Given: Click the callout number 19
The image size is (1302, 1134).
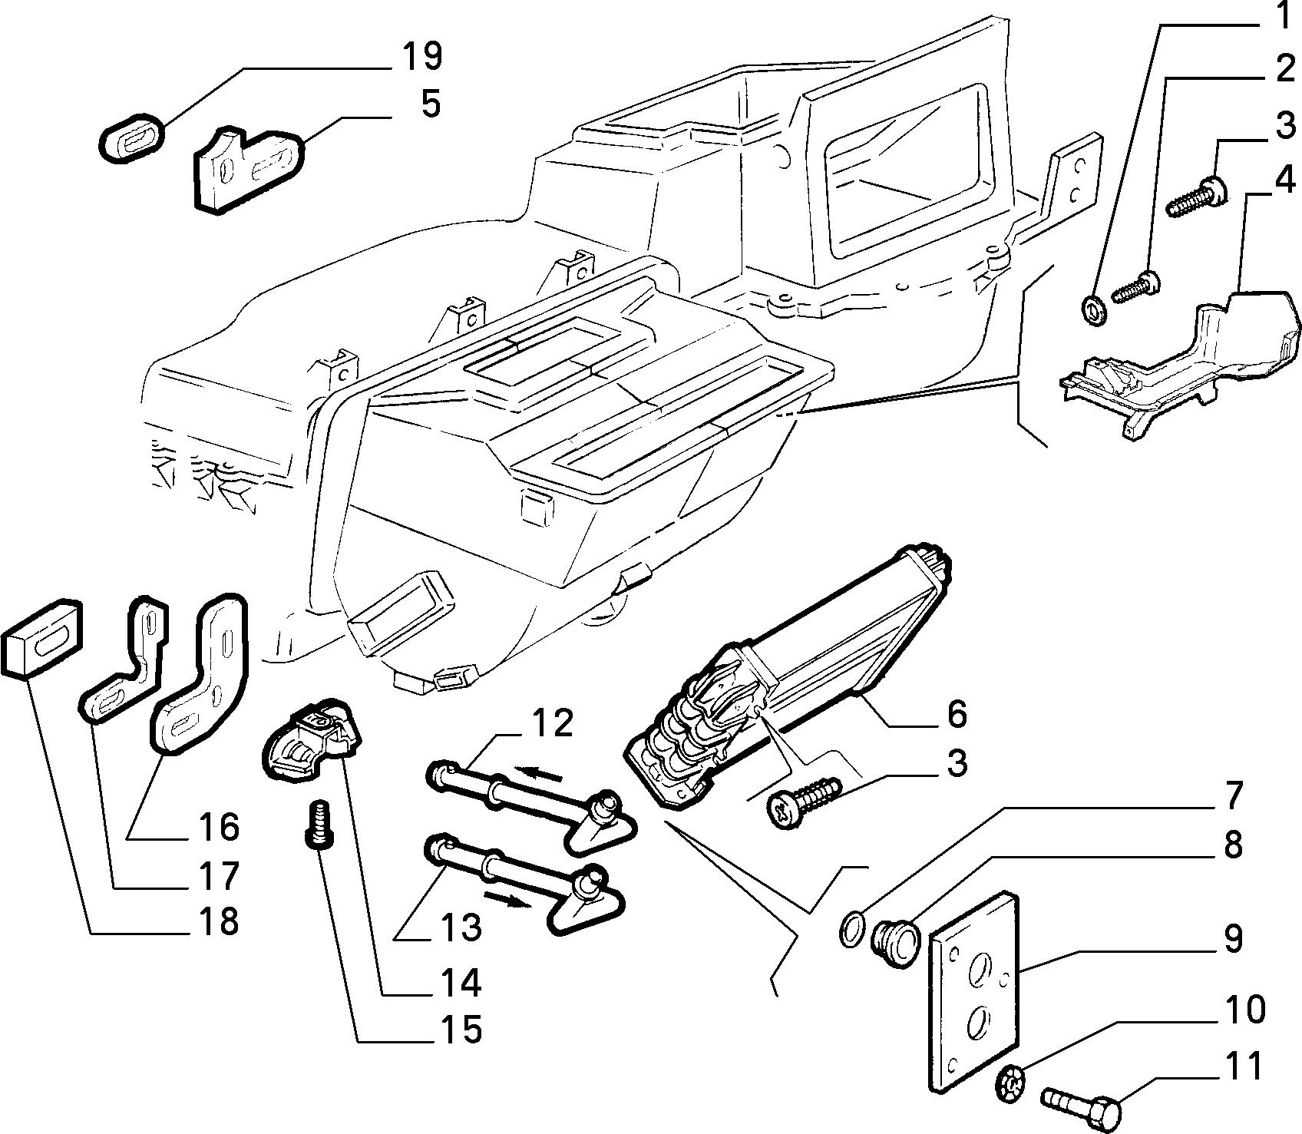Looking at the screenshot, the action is click(x=420, y=57).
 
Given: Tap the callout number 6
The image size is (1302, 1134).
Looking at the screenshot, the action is click(x=955, y=713).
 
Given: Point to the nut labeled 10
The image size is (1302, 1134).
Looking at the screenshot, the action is click(x=1013, y=1083).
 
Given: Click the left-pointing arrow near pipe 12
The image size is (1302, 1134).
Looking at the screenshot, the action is click(x=540, y=772).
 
